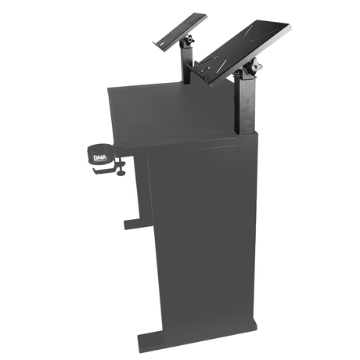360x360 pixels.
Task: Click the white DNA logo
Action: pos(100,155)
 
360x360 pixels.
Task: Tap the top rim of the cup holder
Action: pos(99,145)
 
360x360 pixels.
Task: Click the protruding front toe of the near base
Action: pos(149,342)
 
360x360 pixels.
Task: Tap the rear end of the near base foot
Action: pos(254,327)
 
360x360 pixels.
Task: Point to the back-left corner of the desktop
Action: pos(110,88)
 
